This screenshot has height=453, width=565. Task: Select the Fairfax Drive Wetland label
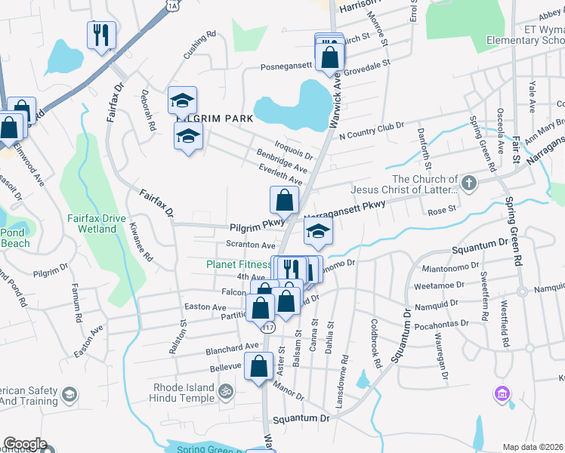(97, 223)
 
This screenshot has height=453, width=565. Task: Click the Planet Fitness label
(239, 265)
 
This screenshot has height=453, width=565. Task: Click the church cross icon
(469, 183)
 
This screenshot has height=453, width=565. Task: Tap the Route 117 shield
(268, 328)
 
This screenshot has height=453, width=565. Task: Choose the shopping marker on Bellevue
(258, 366)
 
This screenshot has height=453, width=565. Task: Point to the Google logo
(25, 444)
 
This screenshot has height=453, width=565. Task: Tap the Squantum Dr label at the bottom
(302, 418)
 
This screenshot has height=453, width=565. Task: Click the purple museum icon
(501, 393)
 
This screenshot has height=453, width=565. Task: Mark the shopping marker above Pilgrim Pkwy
(284, 200)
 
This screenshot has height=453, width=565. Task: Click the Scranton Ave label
(251, 245)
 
